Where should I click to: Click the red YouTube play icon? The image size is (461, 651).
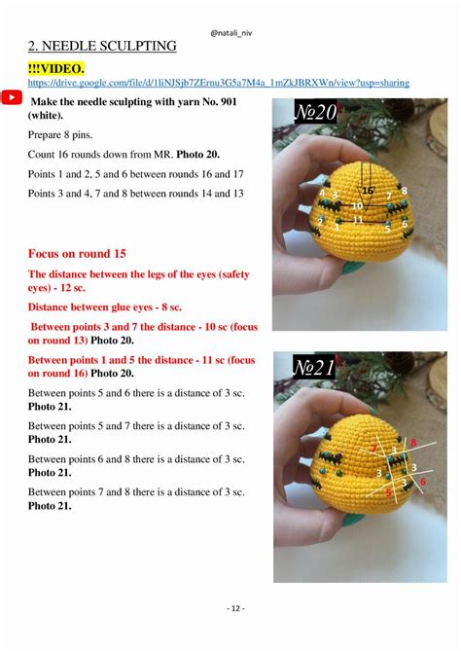click(12, 97)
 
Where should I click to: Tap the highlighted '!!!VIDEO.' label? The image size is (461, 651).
click(56, 67)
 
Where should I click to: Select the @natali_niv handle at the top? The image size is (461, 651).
click(230, 14)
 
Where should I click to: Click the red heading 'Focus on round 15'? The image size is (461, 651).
click(77, 253)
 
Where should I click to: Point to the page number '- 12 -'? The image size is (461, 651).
click(230, 608)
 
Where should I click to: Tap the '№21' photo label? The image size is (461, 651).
click(315, 369)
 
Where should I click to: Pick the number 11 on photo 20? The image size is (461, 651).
click(358, 219)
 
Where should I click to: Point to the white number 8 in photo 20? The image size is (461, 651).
click(404, 191)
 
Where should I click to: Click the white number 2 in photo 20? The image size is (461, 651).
click(321, 221)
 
